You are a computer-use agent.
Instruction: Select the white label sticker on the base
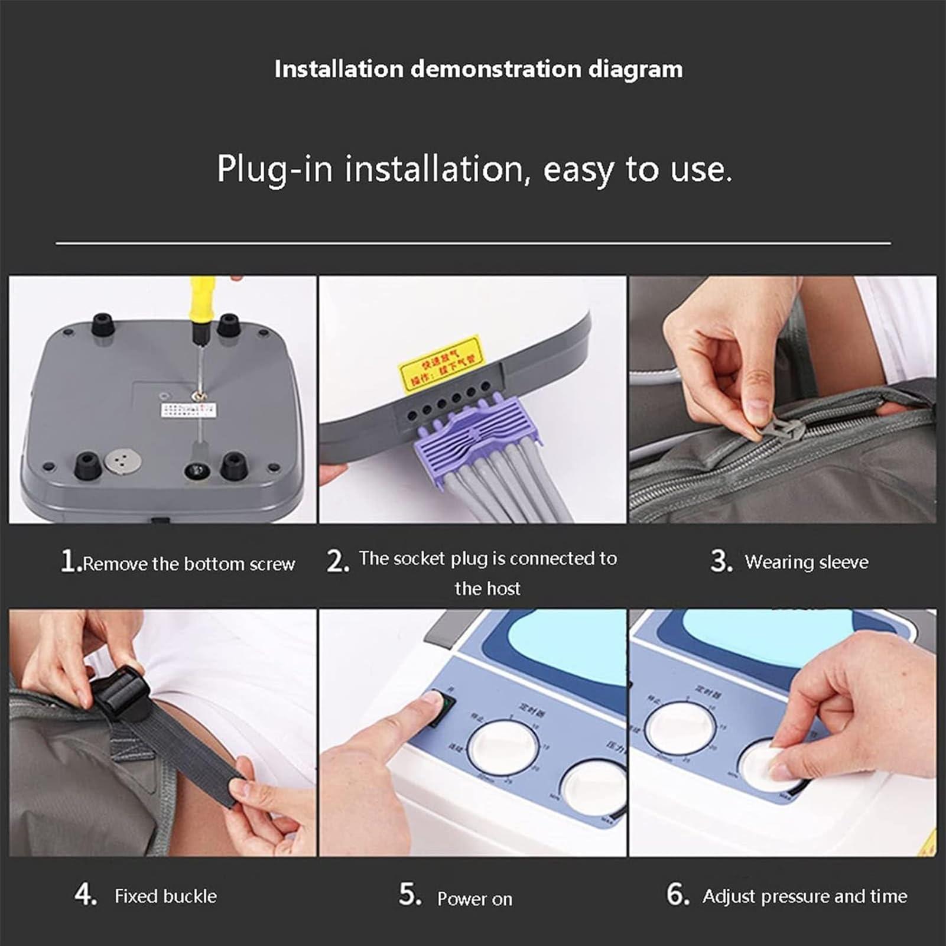[x=188, y=409]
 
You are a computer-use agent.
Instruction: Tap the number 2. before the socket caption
[x=338, y=561]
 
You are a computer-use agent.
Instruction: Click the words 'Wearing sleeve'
[x=806, y=561]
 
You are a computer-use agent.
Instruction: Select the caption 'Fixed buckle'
[x=165, y=896]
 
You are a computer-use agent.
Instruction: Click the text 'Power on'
[x=474, y=899]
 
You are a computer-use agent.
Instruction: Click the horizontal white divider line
[x=473, y=243]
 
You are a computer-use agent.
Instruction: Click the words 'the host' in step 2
[x=487, y=589]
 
